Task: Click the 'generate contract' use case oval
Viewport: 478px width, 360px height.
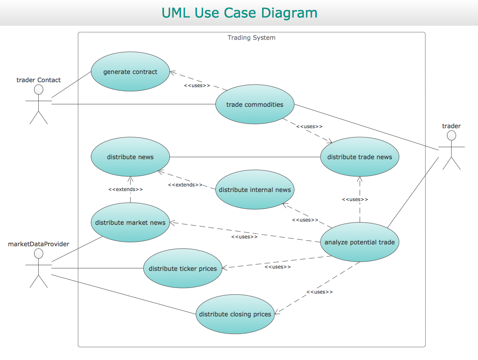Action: click(130, 72)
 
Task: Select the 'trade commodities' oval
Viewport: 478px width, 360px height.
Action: click(254, 104)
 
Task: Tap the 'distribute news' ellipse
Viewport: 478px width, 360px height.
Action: click(130, 157)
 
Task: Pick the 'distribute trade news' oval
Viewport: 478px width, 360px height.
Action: click(359, 157)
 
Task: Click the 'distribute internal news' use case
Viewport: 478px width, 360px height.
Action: click(254, 190)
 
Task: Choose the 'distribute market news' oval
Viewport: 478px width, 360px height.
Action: click(130, 222)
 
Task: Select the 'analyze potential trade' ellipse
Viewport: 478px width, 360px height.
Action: click(359, 242)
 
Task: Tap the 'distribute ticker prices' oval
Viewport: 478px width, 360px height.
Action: click(183, 268)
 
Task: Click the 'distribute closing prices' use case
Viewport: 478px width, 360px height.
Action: click(235, 314)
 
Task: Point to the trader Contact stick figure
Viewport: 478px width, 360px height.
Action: click(39, 104)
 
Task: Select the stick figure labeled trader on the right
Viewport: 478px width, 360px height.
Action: click(451, 150)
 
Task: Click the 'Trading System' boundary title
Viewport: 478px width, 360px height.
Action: click(251, 38)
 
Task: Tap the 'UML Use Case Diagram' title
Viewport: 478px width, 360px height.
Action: click(239, 13)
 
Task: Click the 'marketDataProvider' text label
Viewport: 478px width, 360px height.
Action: click(39, 244)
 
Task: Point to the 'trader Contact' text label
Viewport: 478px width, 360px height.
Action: click(39, 80)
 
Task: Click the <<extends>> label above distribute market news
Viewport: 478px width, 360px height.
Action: click(126, 189)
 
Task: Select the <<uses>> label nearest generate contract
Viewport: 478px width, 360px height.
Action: click(197, 85)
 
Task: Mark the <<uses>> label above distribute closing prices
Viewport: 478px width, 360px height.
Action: click(320, 292)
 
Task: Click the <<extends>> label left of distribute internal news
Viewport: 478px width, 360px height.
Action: click(185, 185)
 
